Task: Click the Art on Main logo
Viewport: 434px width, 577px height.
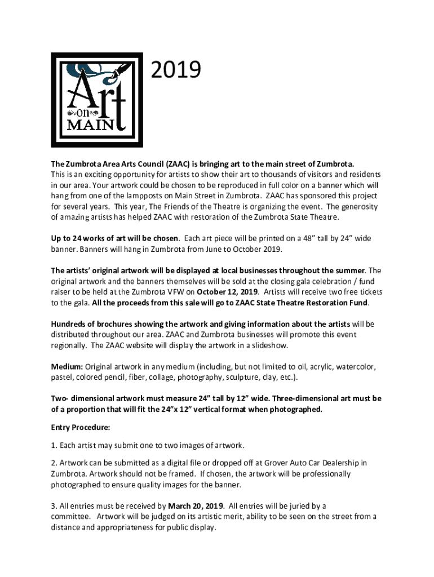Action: tap(96, 100)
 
